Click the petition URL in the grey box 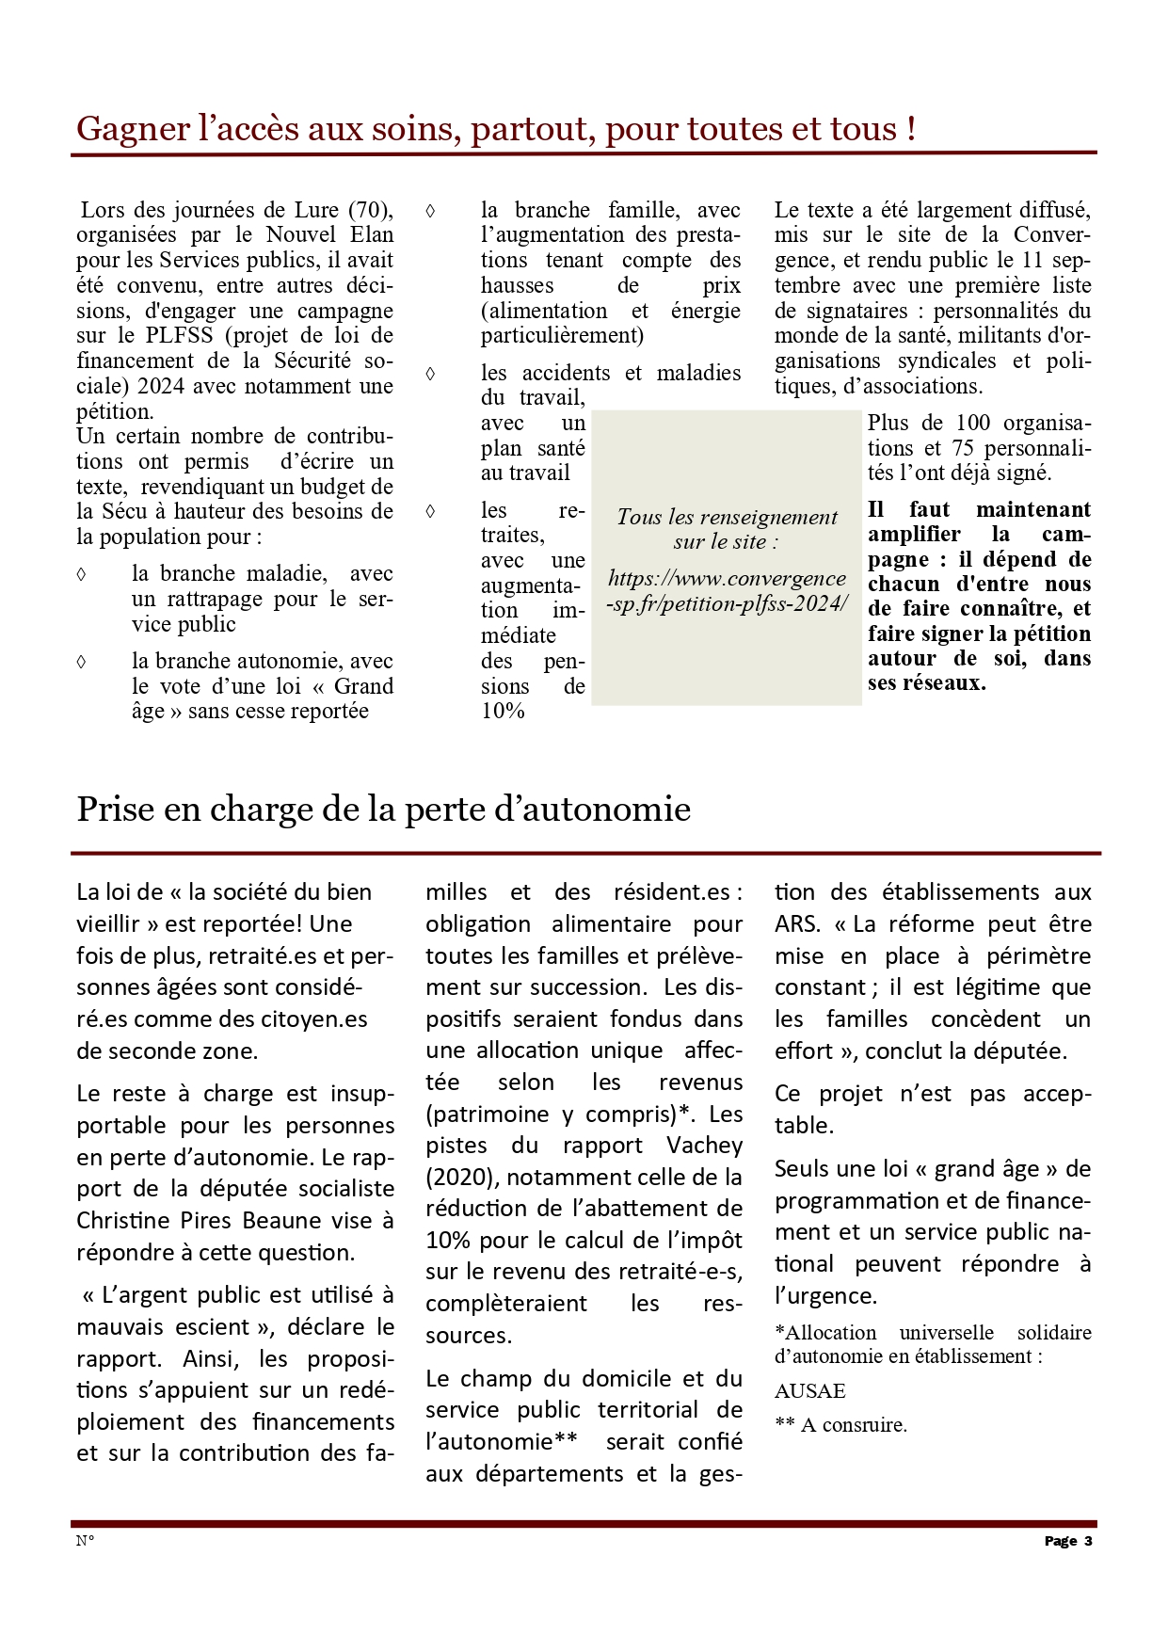coord(727,591)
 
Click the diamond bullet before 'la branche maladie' coord(82,574)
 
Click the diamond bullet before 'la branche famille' coord(431,211)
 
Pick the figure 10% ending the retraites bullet coord(503,712)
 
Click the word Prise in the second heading coord(111,810)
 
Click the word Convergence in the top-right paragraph coord(1051,235)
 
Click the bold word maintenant coord(1033,510)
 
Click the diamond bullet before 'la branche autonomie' coord(82,662)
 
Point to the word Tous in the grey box coord(639,518)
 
